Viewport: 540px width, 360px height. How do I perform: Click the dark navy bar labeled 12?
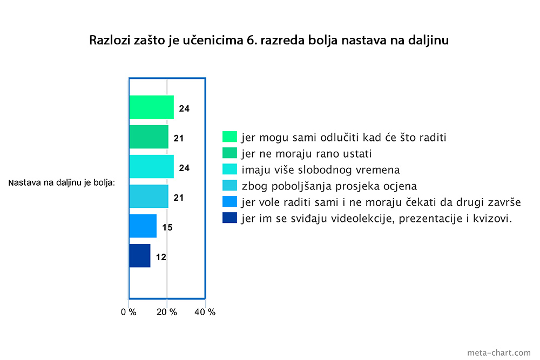tap(140, 256)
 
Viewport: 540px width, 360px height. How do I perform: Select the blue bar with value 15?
tap(143, 226)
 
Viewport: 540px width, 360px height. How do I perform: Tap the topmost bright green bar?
tap(152, 107)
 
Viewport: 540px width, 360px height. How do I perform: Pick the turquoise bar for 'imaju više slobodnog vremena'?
tap(152, 167)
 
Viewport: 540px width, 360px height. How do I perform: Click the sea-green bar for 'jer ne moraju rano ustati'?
tap(149, 137)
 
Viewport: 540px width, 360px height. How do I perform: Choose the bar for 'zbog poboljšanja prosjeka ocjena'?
tap(149, 196)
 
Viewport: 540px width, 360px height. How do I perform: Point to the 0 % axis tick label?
tap(129, 312)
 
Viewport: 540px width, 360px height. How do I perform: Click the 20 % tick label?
tap(167, 312)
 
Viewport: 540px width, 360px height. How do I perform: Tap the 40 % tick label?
tap(205, 312)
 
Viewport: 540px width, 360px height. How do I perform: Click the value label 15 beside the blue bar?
tap(167, 227)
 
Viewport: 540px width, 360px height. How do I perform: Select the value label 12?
tap(161, 257)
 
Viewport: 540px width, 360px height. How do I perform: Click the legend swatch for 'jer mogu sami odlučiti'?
tap(230, 137)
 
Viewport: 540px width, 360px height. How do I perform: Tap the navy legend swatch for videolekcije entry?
tap(230, 218)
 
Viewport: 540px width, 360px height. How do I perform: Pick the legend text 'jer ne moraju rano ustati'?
tap(307, 153)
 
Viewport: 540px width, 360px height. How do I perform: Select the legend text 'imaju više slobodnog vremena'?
tap(321, 169)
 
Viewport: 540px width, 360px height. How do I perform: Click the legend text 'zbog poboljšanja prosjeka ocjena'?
tap(329, 186)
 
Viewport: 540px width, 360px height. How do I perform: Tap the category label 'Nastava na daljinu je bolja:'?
tap(62, 183)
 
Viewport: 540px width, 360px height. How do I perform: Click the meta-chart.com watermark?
tap(499, 353)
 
